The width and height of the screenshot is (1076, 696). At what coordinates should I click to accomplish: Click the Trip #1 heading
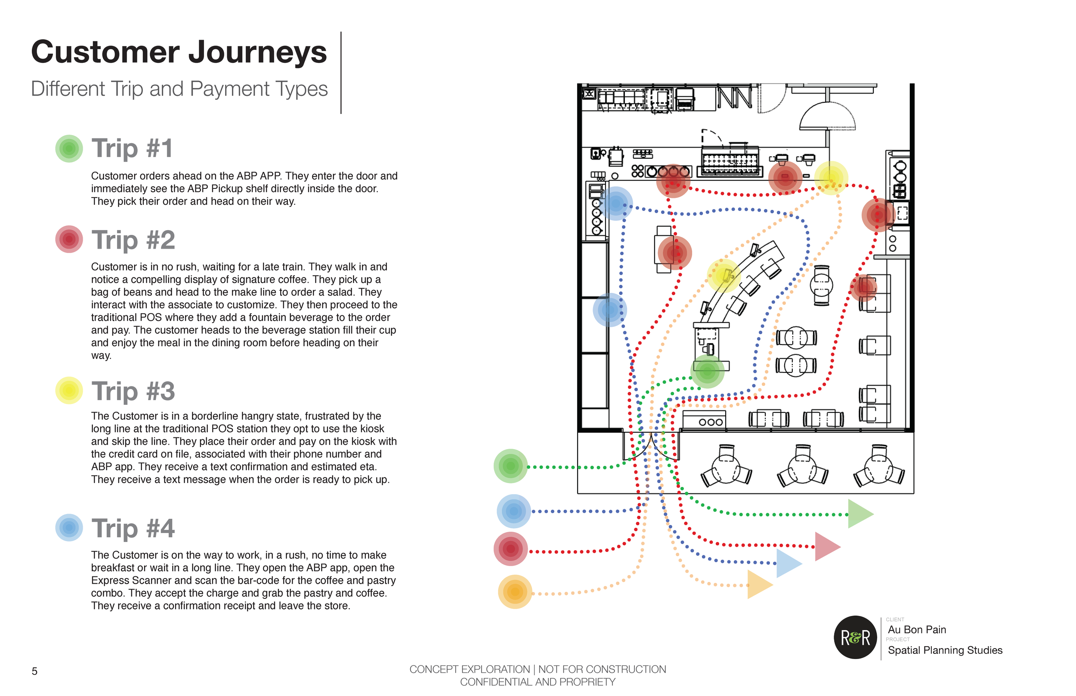(x=132, y=148)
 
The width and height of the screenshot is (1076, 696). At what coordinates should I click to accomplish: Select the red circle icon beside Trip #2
(x=69, y=239)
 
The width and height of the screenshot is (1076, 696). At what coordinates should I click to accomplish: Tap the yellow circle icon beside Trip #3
(x=69, y=390)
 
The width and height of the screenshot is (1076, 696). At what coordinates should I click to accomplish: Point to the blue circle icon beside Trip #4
(x=69, y=527)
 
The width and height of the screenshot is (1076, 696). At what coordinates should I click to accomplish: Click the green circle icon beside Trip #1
(x=69, y=148)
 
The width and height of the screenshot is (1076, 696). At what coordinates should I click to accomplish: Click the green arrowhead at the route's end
(x=860, y=514)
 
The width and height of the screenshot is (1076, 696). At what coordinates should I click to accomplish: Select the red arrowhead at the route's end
(x=826, y=546)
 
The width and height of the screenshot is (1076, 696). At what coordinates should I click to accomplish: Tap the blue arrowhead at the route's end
(x=788, y=563)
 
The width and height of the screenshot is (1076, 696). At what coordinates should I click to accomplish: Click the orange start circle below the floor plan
(x=514, y=591)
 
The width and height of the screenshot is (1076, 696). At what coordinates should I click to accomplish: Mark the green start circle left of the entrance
(x=510, y=466)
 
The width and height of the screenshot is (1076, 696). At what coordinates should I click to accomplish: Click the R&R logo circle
(x=855, y=637)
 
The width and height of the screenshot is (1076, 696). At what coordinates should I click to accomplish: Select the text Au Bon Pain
(x=916, y=630)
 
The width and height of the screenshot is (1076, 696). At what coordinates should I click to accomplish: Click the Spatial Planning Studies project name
(x=945, y=650)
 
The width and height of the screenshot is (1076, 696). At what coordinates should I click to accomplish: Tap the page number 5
(x=34, y=671)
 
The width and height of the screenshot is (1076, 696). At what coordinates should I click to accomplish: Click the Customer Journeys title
(x=179, y=52)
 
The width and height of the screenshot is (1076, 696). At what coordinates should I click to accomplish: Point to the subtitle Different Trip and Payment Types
(x=179, y=89)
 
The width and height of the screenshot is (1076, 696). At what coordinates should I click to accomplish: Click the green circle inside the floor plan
(x=707, y=372)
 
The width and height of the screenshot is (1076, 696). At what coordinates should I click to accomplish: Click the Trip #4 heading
(x=133, y=528)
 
